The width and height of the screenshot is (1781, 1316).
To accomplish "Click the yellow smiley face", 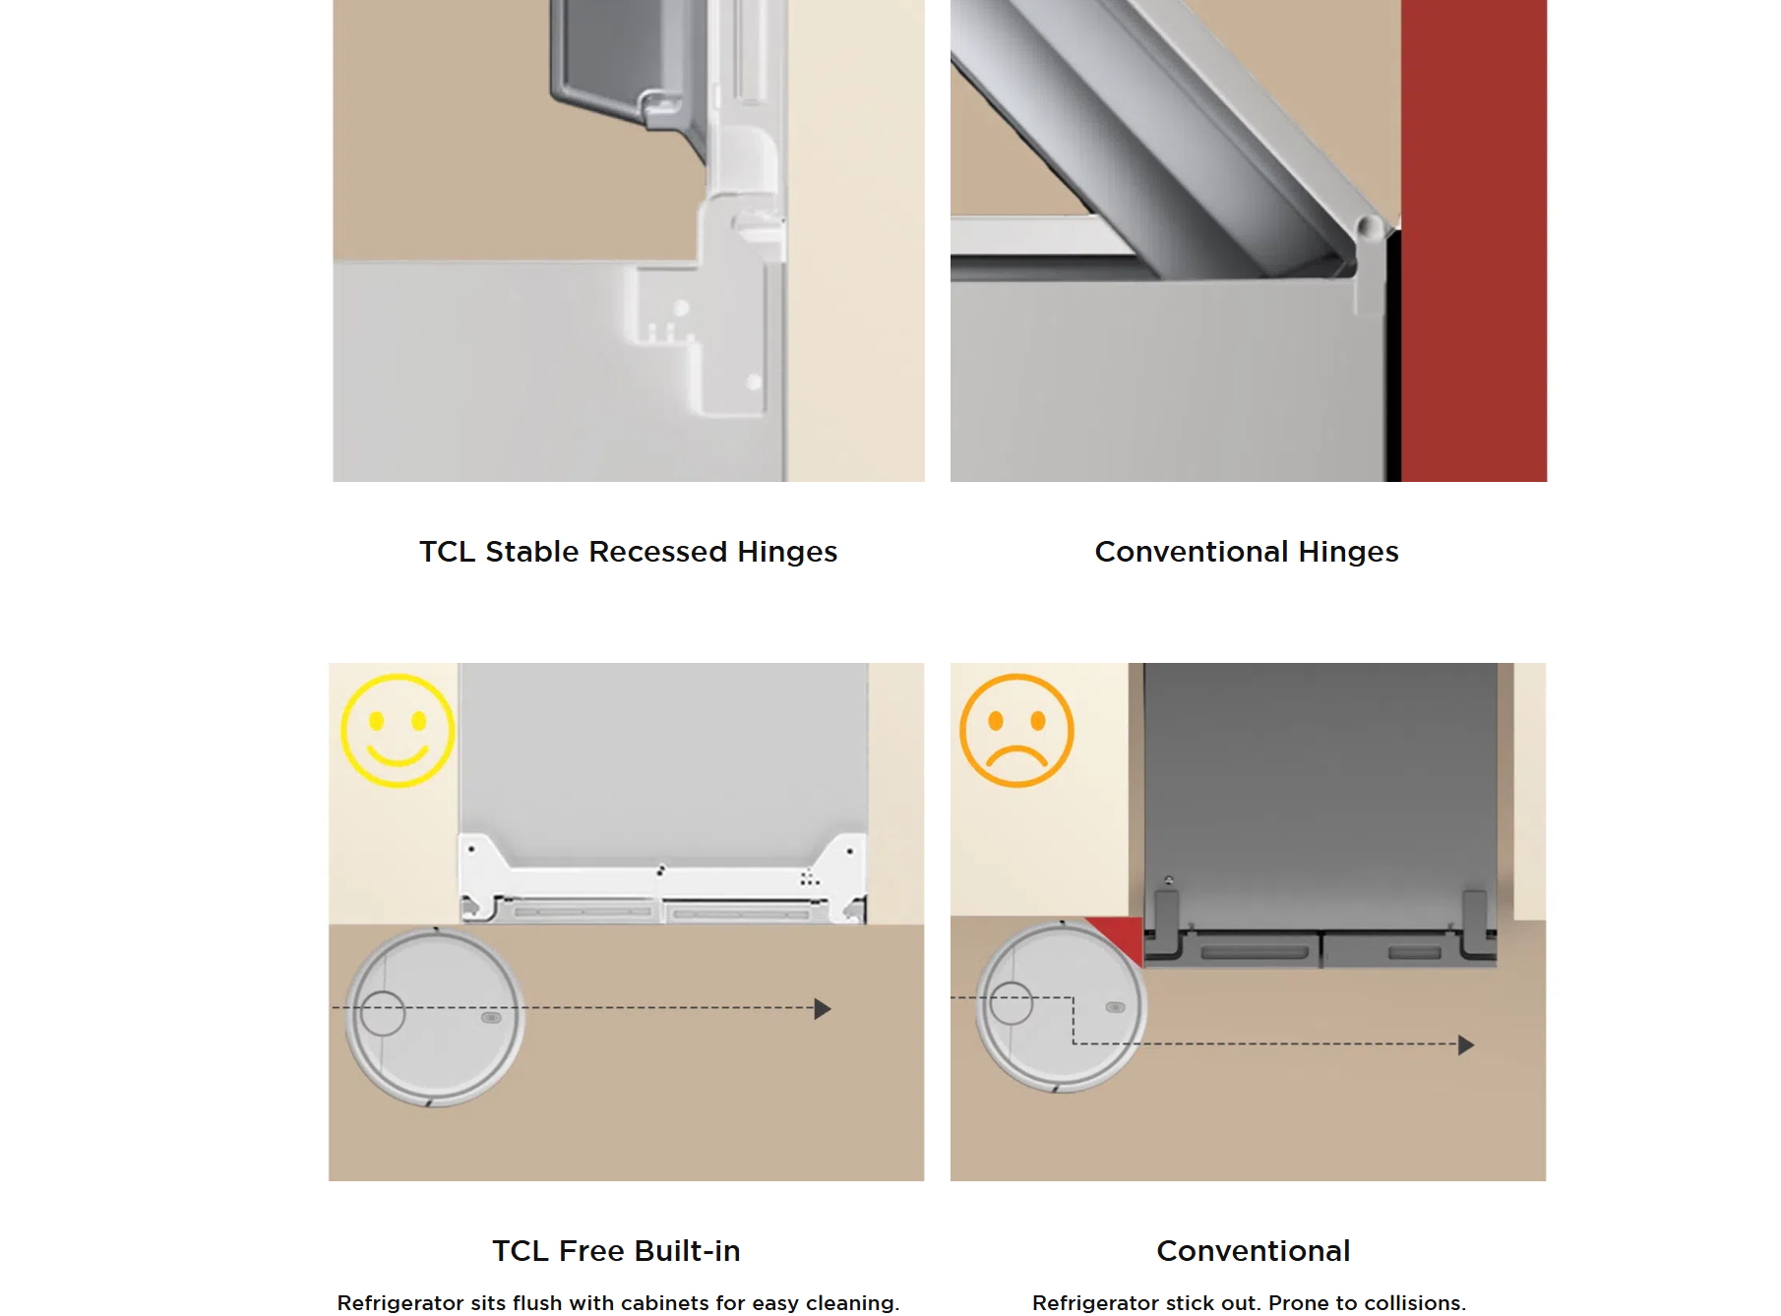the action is (x=398, y=731).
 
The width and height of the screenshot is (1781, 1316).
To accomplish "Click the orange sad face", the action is (x=1016, y=731).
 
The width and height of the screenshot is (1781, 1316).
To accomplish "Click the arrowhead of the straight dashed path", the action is (x=823, y=1008).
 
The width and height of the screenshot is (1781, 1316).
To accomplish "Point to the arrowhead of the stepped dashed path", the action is (x=1465, y=1045).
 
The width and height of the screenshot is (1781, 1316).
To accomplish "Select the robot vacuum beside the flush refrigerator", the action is (x=435, y=1017).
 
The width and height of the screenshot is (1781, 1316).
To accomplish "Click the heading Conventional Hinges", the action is (x=1246, y=552).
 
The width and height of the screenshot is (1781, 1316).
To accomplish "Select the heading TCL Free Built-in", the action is (x=616, y=1251).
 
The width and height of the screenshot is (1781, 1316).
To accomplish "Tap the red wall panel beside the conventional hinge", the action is (x=1473, y=241).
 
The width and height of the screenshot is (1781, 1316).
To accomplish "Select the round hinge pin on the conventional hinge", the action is (x=1369, y=228).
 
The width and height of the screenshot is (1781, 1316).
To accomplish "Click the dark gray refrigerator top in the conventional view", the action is (x=1319, y=787).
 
